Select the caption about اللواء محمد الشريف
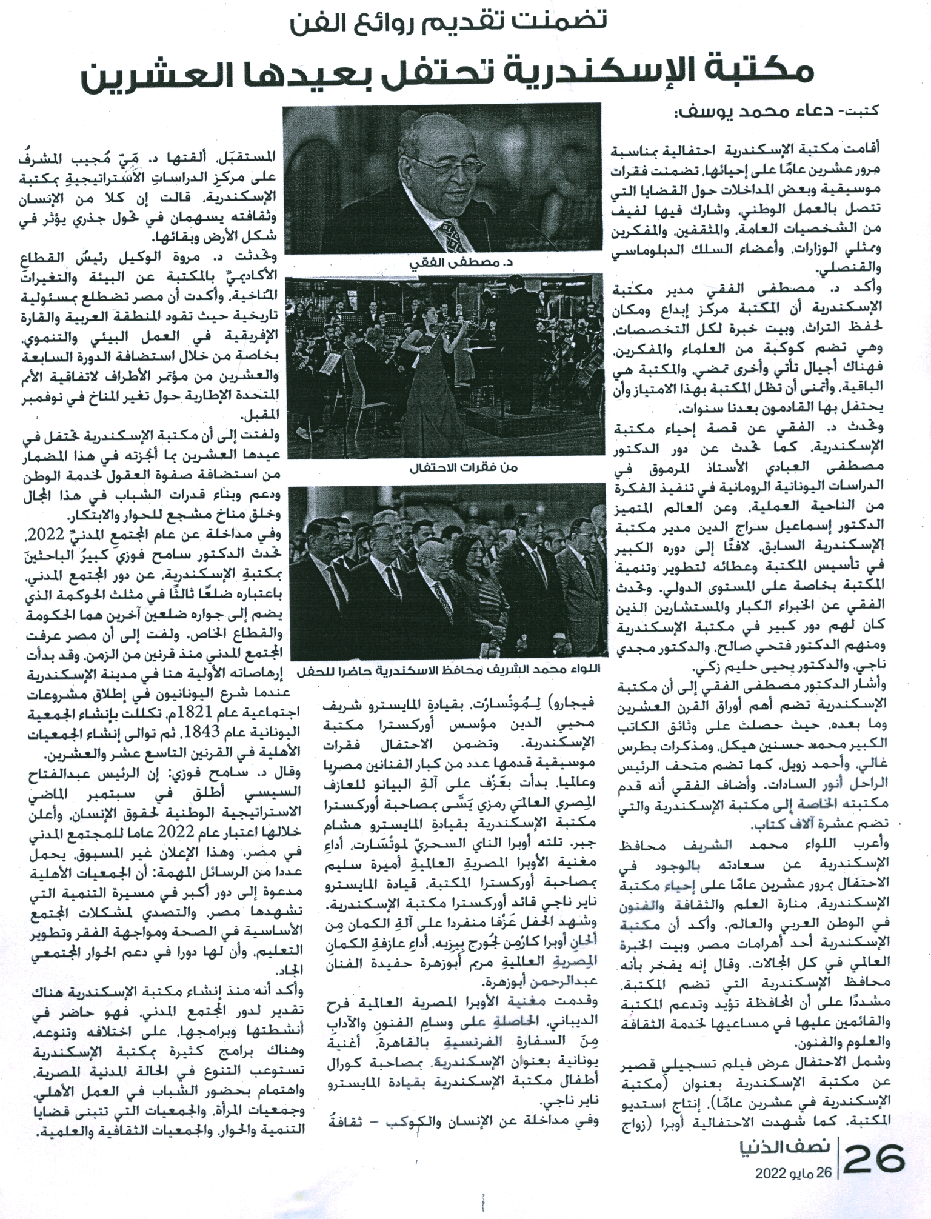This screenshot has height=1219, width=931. click(450, 671)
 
